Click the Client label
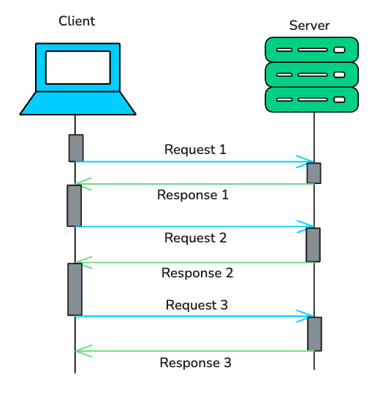(77, 20)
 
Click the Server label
(309, 26)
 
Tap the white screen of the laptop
(77, 67)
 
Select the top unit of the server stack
(312, 50)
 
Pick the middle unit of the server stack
(312, 74)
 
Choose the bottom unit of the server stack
(312, 99)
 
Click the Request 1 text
(195, 150)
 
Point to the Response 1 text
(194, 195)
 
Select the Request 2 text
(195, 238)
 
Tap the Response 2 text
(197, 273)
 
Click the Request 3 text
(197, 304)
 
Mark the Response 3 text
(196, 363)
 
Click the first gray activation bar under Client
(76, 148)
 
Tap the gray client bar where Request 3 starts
(75, 289)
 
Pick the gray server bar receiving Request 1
(313, 173)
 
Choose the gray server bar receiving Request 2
(313, 245)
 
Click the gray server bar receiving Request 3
(314, 334)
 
